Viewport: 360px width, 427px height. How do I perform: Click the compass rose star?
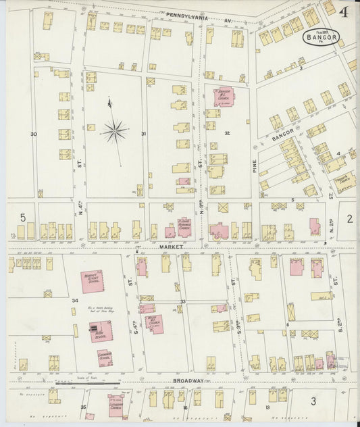tap(115, 130)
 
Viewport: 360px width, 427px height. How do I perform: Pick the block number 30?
tap(33, 134)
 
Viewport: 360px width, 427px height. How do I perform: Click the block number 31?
tap(143, 134)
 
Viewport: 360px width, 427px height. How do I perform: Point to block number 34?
tap(75, 300)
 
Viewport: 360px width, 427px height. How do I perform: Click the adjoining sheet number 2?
tap(350, 218)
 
